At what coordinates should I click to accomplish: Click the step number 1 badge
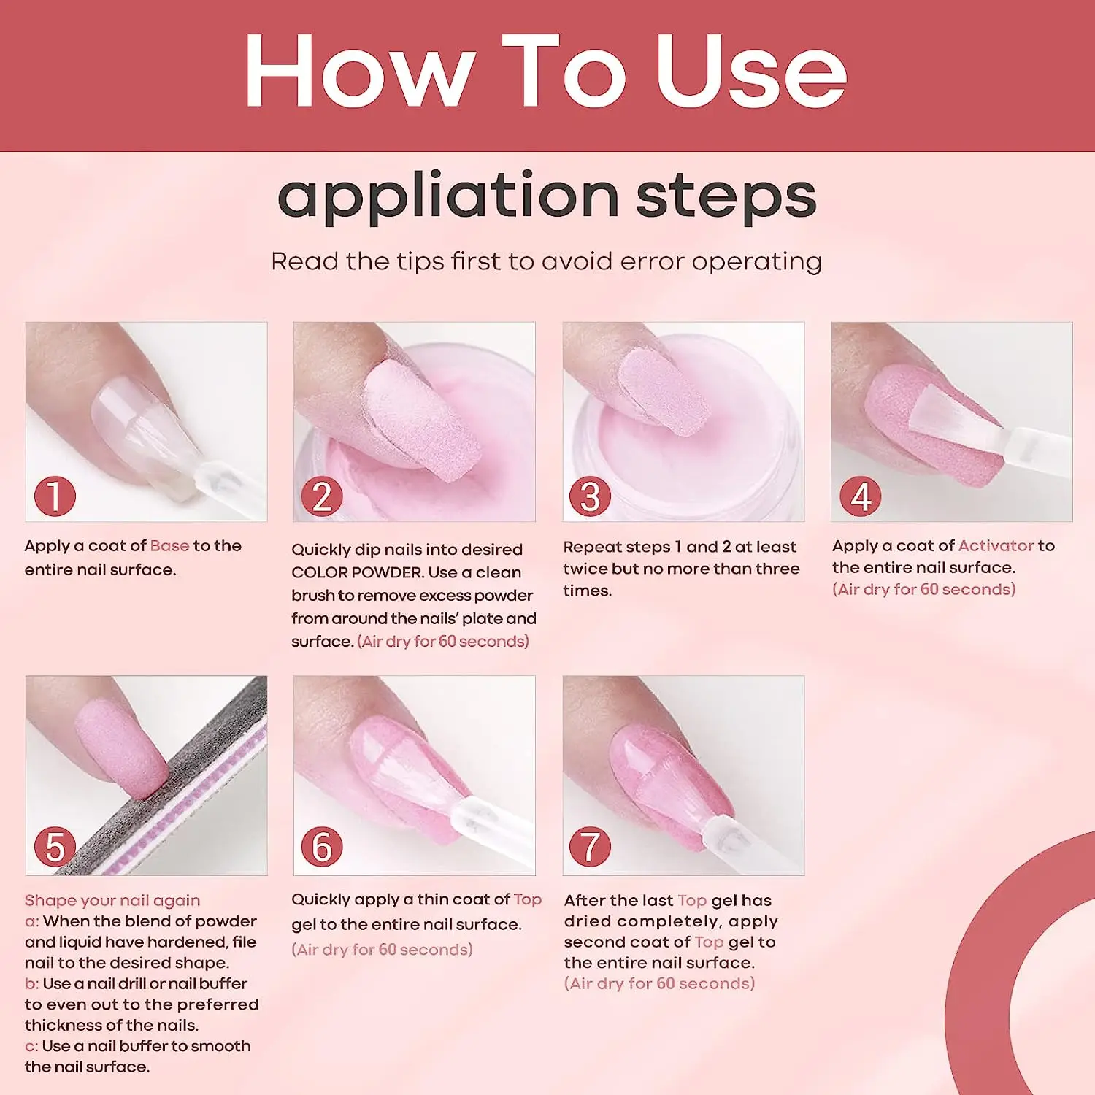[55, 496]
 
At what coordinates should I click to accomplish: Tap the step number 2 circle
[322, 496]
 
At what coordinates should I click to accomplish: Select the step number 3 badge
[590, 496]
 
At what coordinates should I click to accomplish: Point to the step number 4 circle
[860, 496]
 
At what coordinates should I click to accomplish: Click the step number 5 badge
[55, 847]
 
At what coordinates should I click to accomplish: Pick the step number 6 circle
[322, 847]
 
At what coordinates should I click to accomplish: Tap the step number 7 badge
[590, 847]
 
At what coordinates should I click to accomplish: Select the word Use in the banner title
[751, 72]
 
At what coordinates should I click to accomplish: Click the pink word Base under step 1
[169, 545]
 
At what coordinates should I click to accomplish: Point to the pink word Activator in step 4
[996, 545]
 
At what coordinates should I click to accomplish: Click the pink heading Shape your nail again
[112, 901]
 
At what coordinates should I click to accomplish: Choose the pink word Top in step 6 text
[527, 899]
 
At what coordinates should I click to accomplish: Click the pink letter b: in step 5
[32, 983]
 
